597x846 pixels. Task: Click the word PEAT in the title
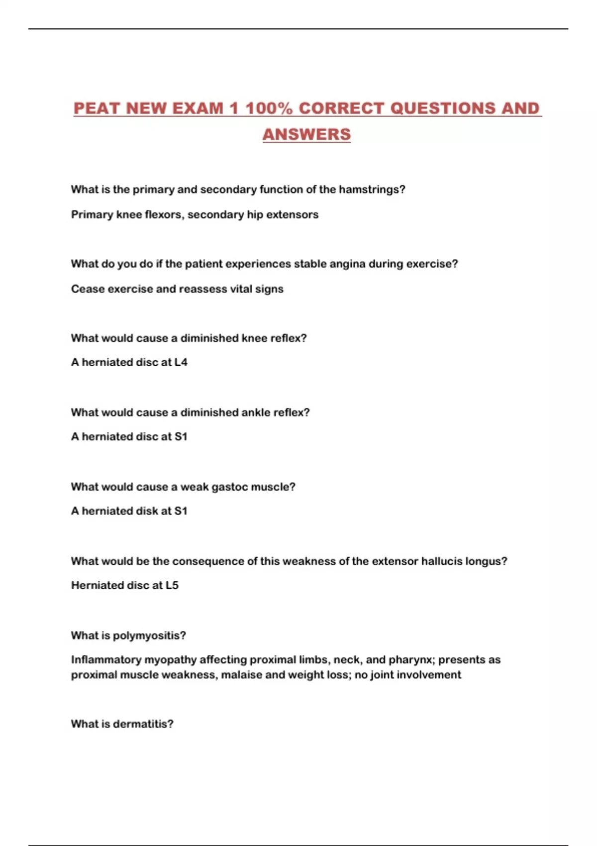tap(97, 108)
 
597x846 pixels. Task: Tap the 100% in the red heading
tap(269, 108)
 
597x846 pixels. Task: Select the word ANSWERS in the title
tap(306, 134)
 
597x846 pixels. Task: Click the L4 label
tap(181, 362)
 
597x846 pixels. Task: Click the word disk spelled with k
tap(147, 511)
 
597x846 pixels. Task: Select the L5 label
tap(172, 585)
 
